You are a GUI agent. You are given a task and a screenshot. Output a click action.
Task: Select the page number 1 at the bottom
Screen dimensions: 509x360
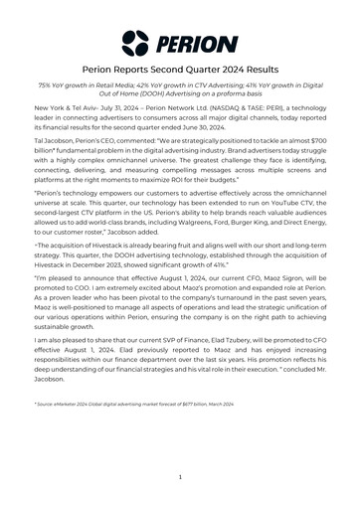click(180, 477)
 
